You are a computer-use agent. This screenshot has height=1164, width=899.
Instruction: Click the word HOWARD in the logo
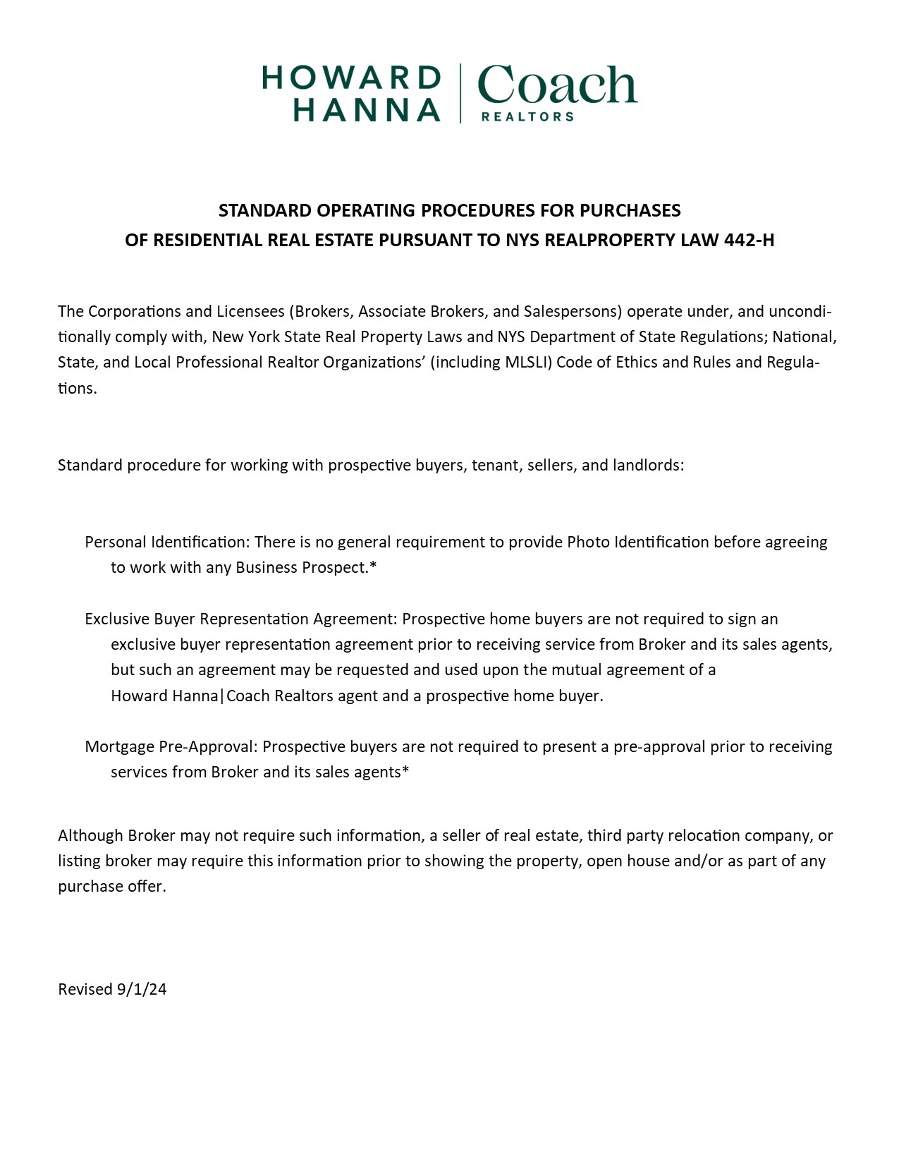(x=351, y=78)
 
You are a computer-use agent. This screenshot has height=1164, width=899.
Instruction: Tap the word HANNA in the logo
(x=367, y=110)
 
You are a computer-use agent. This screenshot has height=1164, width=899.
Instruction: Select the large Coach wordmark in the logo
(x=557, y=85)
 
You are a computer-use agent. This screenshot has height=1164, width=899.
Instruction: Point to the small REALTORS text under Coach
(x=527, y=116)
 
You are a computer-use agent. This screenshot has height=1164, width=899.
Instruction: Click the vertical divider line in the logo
(x=461, y=93)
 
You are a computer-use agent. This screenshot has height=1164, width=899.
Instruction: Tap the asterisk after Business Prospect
(x=373, y=566)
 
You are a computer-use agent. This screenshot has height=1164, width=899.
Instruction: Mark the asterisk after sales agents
(x=405, y=771)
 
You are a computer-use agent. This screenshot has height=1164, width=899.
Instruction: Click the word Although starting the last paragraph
(x=91, y=836)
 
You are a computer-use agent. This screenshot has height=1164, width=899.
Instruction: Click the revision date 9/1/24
(x=142, y=990)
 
